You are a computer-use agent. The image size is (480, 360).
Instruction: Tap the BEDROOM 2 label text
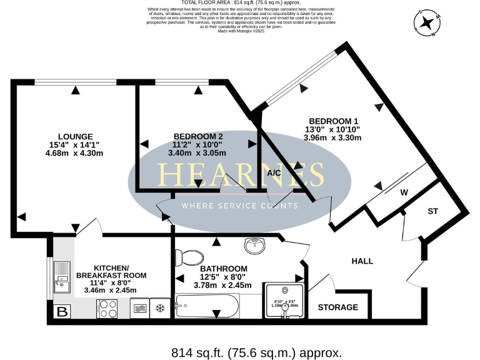tap(197, 136)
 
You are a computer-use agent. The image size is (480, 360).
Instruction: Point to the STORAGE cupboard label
tap(338, 307)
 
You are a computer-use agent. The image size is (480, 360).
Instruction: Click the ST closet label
tap(432, 211)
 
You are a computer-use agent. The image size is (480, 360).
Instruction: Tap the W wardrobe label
tap(404, 192)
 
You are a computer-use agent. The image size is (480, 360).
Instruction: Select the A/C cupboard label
tap(274, 172)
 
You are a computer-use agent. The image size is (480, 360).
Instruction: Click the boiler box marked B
tap(62, 311)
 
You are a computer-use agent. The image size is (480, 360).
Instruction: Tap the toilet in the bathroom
tap(189, 256)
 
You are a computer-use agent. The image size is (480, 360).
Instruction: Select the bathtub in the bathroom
tap(206, 306)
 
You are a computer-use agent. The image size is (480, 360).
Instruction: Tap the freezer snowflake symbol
tap(159, 308)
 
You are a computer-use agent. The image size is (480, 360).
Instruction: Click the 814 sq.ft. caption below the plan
tap(256, 352)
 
